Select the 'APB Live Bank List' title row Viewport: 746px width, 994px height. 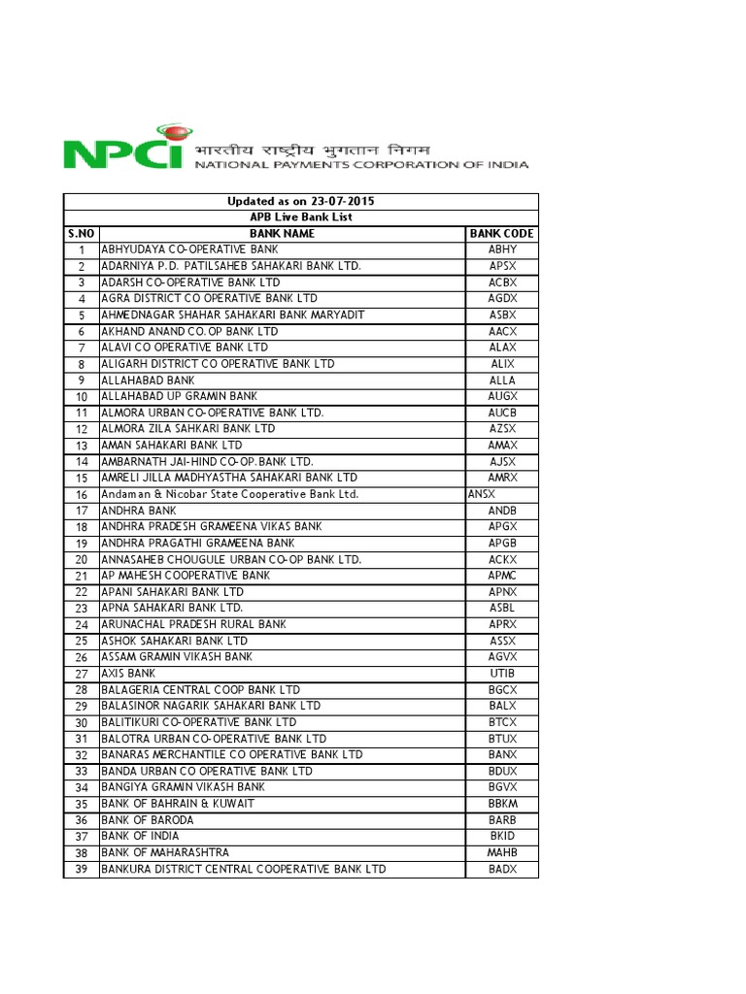coord(301,217)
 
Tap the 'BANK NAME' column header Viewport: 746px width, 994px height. coord(282,233)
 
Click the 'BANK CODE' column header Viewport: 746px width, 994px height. coord(502,233)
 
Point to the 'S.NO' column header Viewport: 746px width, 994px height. coord(82,233)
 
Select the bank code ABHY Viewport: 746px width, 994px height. coord(502,249)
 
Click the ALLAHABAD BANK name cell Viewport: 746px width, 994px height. coord(148,380)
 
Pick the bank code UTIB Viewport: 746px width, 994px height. coord(502,673)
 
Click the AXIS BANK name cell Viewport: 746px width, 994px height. coord(128,673)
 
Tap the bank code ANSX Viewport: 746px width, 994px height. coord(482,494)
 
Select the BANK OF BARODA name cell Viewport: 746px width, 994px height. coord(147,819)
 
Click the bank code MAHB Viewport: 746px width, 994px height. coord(502,852)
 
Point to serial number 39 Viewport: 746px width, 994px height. coord(82,869)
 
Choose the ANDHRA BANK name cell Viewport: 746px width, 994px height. coord(139,510)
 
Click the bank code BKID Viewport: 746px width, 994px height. coord(502,836)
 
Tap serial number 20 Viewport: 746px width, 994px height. coord(82,559)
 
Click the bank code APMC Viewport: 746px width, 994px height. coord(502,575)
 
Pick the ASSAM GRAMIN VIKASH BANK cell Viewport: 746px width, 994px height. coord(177,656)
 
